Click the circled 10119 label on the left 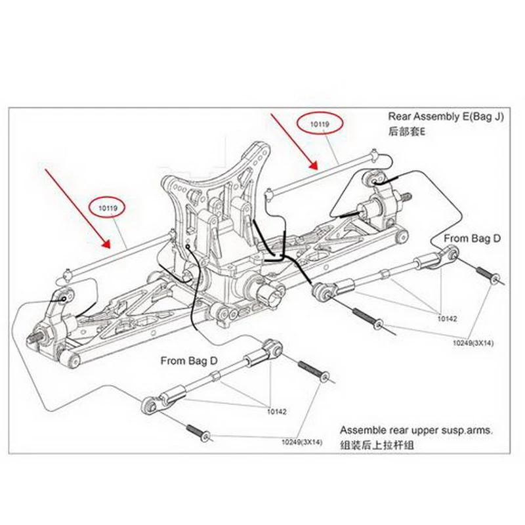pos(108,208)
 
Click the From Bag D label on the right pos(471,238)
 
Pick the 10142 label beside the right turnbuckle pos(447,318)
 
